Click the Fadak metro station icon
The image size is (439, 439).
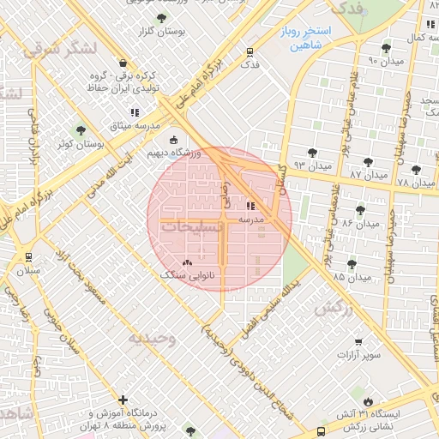250,51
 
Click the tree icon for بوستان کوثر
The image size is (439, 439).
81,131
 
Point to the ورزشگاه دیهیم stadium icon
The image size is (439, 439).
174,141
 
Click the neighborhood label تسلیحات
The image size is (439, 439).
191,229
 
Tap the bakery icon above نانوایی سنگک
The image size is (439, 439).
188,262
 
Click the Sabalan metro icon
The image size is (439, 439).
29,256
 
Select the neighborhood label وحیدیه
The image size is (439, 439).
152,339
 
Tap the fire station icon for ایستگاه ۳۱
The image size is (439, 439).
369,400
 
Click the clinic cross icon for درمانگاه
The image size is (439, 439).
124,400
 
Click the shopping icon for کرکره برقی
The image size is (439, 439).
123,63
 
